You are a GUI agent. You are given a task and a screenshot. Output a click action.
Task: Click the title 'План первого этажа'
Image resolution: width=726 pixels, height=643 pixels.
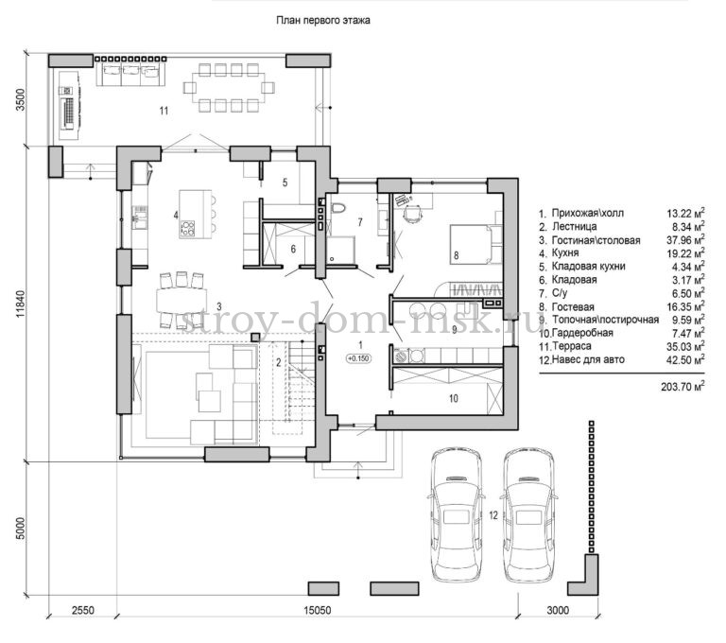[323, 21]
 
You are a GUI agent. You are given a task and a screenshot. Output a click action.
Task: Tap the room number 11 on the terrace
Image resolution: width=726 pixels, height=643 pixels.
[164, 111]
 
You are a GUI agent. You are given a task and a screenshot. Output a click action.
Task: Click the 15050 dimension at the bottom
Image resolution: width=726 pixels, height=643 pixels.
[318, 610]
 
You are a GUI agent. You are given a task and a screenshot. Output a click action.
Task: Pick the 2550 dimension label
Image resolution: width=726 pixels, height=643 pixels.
[82, 610]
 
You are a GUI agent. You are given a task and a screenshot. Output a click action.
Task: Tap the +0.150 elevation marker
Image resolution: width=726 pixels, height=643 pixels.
[358, 358]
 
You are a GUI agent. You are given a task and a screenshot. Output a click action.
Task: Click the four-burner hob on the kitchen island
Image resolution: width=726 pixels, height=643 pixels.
[187, 229]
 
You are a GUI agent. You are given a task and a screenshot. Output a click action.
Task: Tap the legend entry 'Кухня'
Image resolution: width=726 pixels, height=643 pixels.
[565, 252]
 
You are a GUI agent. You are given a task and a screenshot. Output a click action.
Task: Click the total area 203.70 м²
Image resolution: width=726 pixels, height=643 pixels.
[683, 386]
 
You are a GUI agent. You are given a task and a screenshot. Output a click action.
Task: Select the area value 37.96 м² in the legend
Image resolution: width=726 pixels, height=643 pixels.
[685, 239]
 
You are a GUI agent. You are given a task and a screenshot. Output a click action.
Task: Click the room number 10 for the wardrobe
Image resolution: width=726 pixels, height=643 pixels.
[454, 398]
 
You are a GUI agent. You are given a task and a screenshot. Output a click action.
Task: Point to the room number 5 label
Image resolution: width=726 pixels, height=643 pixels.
[285, 182]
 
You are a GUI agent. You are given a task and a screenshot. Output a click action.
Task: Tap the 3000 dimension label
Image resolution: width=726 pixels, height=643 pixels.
[558, 610]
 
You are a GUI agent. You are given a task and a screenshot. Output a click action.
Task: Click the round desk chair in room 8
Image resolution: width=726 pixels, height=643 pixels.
[412, 214]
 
